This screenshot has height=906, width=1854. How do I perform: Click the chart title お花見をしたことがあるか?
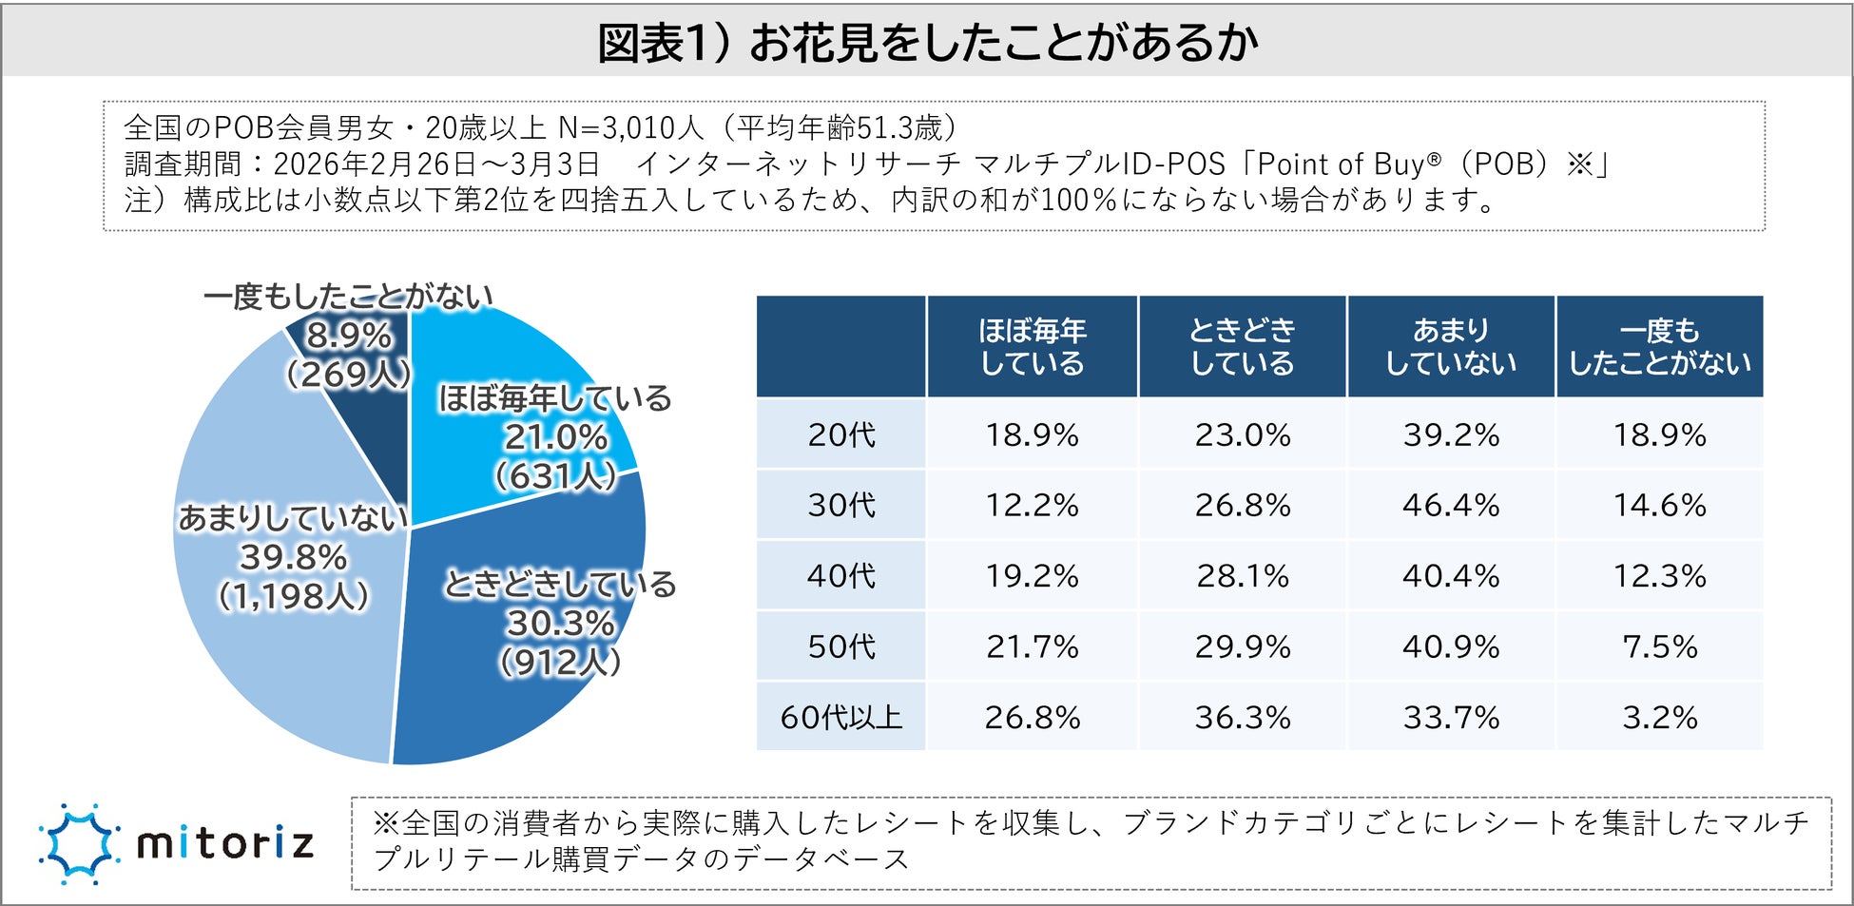point(927,43)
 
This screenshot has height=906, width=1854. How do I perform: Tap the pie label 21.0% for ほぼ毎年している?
point(556,437)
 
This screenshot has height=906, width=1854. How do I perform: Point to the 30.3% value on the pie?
point(560,624)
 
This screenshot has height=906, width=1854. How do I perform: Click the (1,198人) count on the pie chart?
point(293,596)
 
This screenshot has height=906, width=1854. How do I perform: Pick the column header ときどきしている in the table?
point(1242,346)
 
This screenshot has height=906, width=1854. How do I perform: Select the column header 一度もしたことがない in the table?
point(1659,346)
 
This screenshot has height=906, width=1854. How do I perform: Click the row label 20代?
point(841,434)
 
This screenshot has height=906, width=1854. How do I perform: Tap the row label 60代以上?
point(841,717)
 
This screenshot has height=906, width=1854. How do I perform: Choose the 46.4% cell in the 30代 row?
point(1451,505)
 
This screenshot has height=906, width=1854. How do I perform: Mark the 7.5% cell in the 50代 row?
point(1659,646)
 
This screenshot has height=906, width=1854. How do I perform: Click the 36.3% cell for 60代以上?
point(1242,717)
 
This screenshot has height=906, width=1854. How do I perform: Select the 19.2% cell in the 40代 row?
point(1032,576)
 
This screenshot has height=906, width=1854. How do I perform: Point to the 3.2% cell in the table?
point(1659,717)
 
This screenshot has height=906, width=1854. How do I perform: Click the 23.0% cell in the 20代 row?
point(1242,434)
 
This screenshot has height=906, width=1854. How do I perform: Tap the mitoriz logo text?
point(225,843)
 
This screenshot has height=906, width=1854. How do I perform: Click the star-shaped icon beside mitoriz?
point(80,843)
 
